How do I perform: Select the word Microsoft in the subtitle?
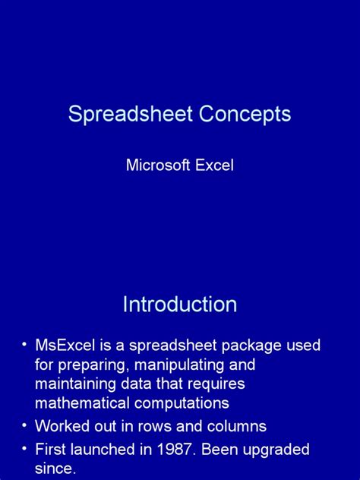coord(157,165)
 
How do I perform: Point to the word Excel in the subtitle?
coord(213,165)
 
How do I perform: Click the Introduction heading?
coord(180,305)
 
